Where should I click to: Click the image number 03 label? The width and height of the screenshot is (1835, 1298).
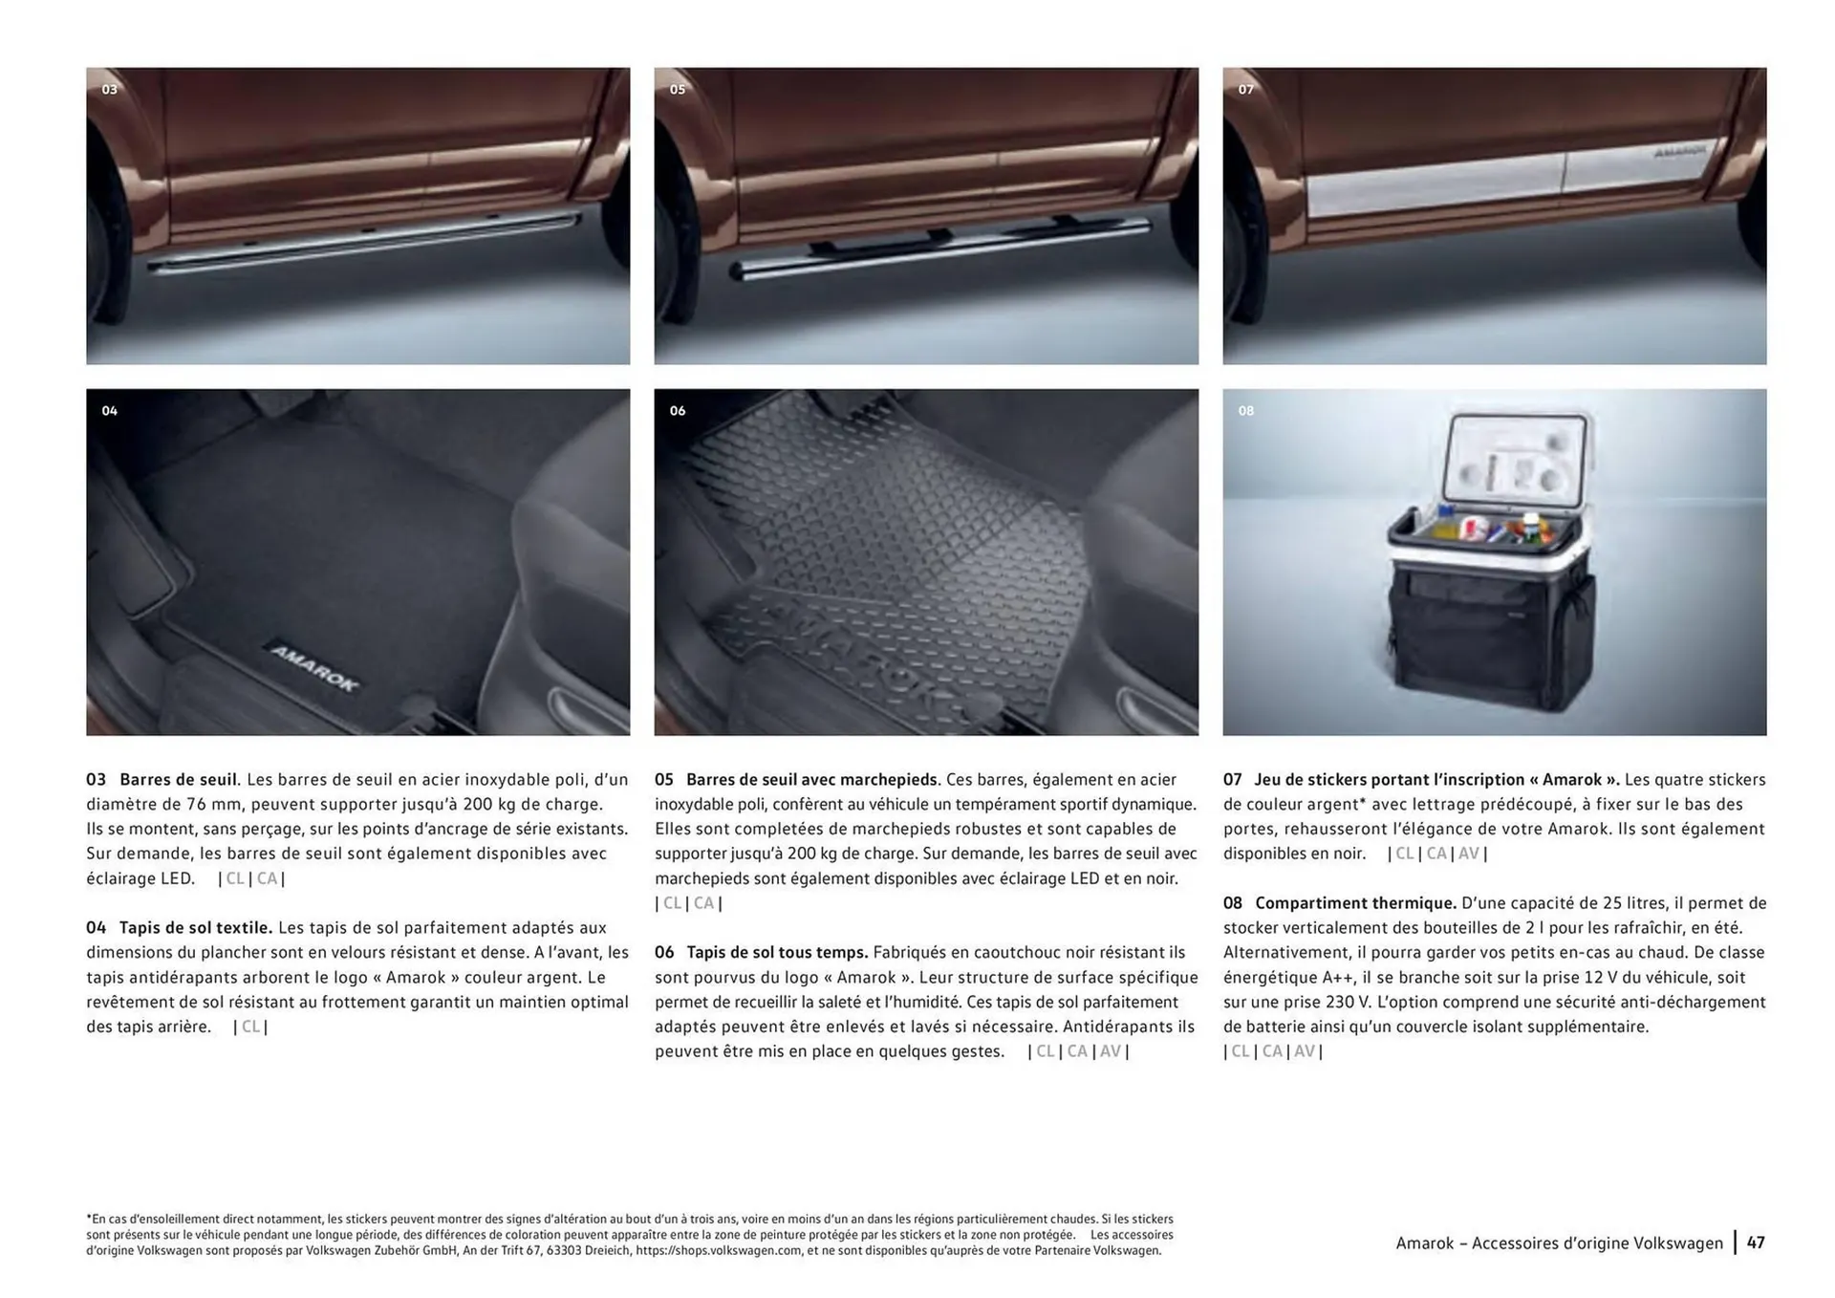[x=109, y=89]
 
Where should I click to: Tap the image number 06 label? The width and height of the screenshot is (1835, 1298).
[x=677, y=411]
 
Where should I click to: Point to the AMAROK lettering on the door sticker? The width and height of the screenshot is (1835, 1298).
[x=1678, y=152]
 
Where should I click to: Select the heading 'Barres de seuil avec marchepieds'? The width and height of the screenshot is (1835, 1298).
[x=812, y=780]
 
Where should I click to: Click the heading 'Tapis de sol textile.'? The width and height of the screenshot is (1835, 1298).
[x=195, y=928]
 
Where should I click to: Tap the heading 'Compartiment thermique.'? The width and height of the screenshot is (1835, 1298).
[x=1354, y=903]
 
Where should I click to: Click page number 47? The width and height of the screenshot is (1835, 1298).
[x=1756, y=1243]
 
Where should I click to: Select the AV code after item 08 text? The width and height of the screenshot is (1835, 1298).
[x=1304, y=1051]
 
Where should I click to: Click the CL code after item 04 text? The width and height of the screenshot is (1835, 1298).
[x=250, y=1027]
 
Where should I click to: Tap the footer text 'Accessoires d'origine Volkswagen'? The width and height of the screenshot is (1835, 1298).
[x=1597, y=1243]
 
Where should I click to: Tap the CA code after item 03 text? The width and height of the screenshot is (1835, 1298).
[x=267, y=878]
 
